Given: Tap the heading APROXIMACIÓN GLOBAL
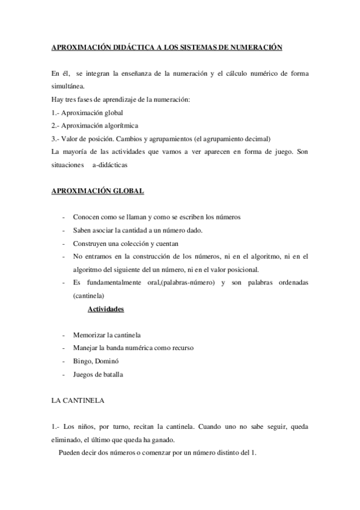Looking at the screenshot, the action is pyautogui.click(x=98, y=191).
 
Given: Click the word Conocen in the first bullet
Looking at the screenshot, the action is pyautogui.click(x=86, y=217).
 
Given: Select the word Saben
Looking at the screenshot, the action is pyautogui.click(x=82, y=230).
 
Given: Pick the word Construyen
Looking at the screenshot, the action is pyautogui.click(x=91, y=243).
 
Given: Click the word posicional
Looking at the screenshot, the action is pyautogui.click(x=249, y=269).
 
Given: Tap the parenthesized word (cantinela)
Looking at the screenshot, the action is pyautogui.click(x=88, y=296).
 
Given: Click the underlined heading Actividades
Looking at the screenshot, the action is pyautogui.click(x=106, y=309).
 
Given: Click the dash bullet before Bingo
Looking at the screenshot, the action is pyautogui.click(x=64, y=361).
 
